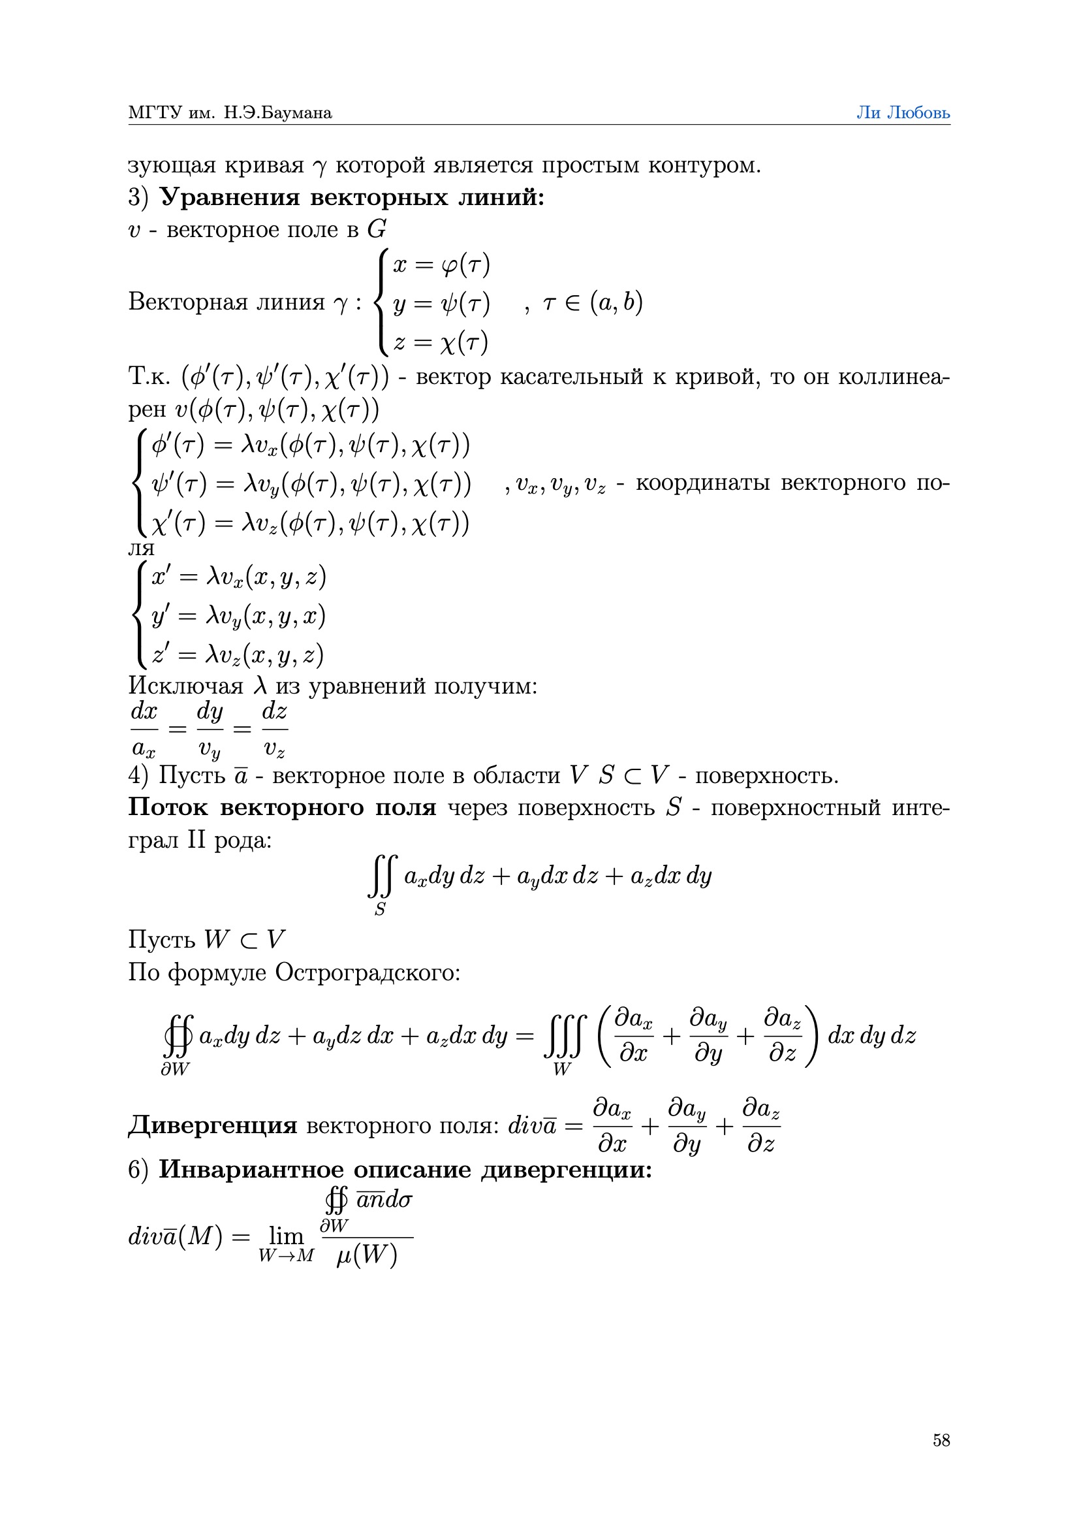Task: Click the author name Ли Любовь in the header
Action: coord(903,112)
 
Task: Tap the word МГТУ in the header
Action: coord(154,112)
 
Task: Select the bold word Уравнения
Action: coord(230,197)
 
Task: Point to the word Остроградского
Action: coord(367,972)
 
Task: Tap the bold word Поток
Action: coord(168,807)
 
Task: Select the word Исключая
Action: coord(186,685)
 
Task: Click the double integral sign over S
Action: coord(383,876)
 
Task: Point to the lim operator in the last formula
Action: coord(286,1236)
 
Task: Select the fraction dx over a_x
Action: coord(144,730)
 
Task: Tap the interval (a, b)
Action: coord(616,303)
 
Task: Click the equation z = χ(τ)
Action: coord(441,342)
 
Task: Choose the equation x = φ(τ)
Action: coord(441,265)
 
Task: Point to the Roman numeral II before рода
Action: coord(196,841)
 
